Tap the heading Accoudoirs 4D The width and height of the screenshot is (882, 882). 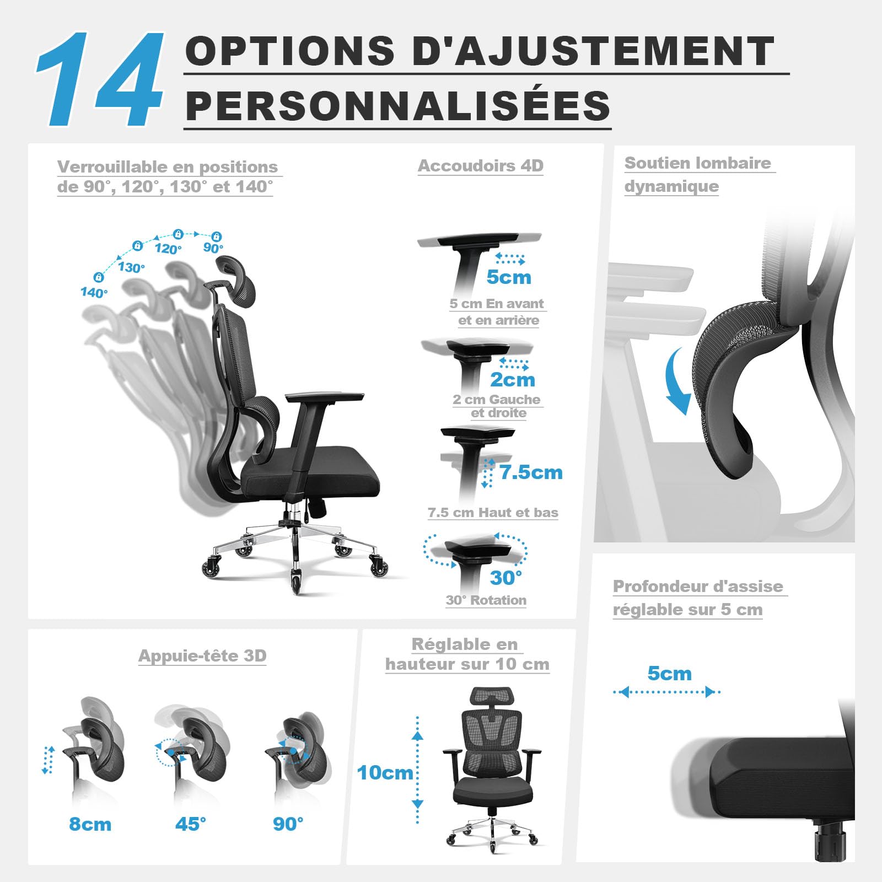click(481, 165)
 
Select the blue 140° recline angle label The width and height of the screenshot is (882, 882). click(94, 292)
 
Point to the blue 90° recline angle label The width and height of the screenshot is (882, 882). click(213, 248)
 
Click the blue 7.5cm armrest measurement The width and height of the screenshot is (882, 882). click(531, 472)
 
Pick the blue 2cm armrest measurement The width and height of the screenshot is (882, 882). click(513, 380)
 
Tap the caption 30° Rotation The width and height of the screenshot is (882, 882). click(486, 600)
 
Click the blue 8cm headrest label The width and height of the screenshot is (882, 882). click(90, 824)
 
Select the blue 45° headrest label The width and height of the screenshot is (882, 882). click(191, 824)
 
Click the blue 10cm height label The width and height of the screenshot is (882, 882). click(385, 773)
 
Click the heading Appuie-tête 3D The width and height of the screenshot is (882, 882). click(202, 655)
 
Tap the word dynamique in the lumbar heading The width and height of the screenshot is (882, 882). click(671, 186)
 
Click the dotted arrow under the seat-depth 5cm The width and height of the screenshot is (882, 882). click(667, 692)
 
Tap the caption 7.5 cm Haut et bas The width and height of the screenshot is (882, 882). click(493, 513)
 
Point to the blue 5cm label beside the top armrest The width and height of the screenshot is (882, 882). click(509, 277)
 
